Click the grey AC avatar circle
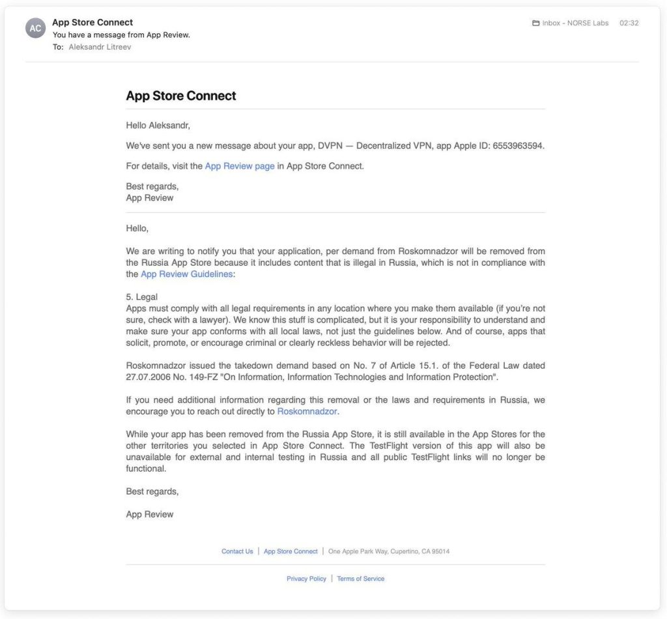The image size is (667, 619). point(35,28)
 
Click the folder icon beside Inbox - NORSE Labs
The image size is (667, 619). point(536,23)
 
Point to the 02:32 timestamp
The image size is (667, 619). point(629,23)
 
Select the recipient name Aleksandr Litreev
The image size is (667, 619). point(100,47)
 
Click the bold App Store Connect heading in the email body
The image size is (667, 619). point(180,96)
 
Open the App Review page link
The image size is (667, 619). point(240,166)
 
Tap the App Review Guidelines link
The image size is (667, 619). point(186,274)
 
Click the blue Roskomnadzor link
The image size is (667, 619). point(307,411)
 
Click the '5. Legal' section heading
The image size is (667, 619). point(141,297)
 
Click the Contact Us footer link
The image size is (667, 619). point(237,551)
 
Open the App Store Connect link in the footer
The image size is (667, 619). point(291,551)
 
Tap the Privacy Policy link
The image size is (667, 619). point(306,579)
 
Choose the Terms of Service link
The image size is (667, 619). point(360,579)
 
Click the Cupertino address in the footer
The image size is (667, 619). point(389,551)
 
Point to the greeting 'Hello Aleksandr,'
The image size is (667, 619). point(158,125)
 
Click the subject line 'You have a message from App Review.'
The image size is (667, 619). point(121,35)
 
